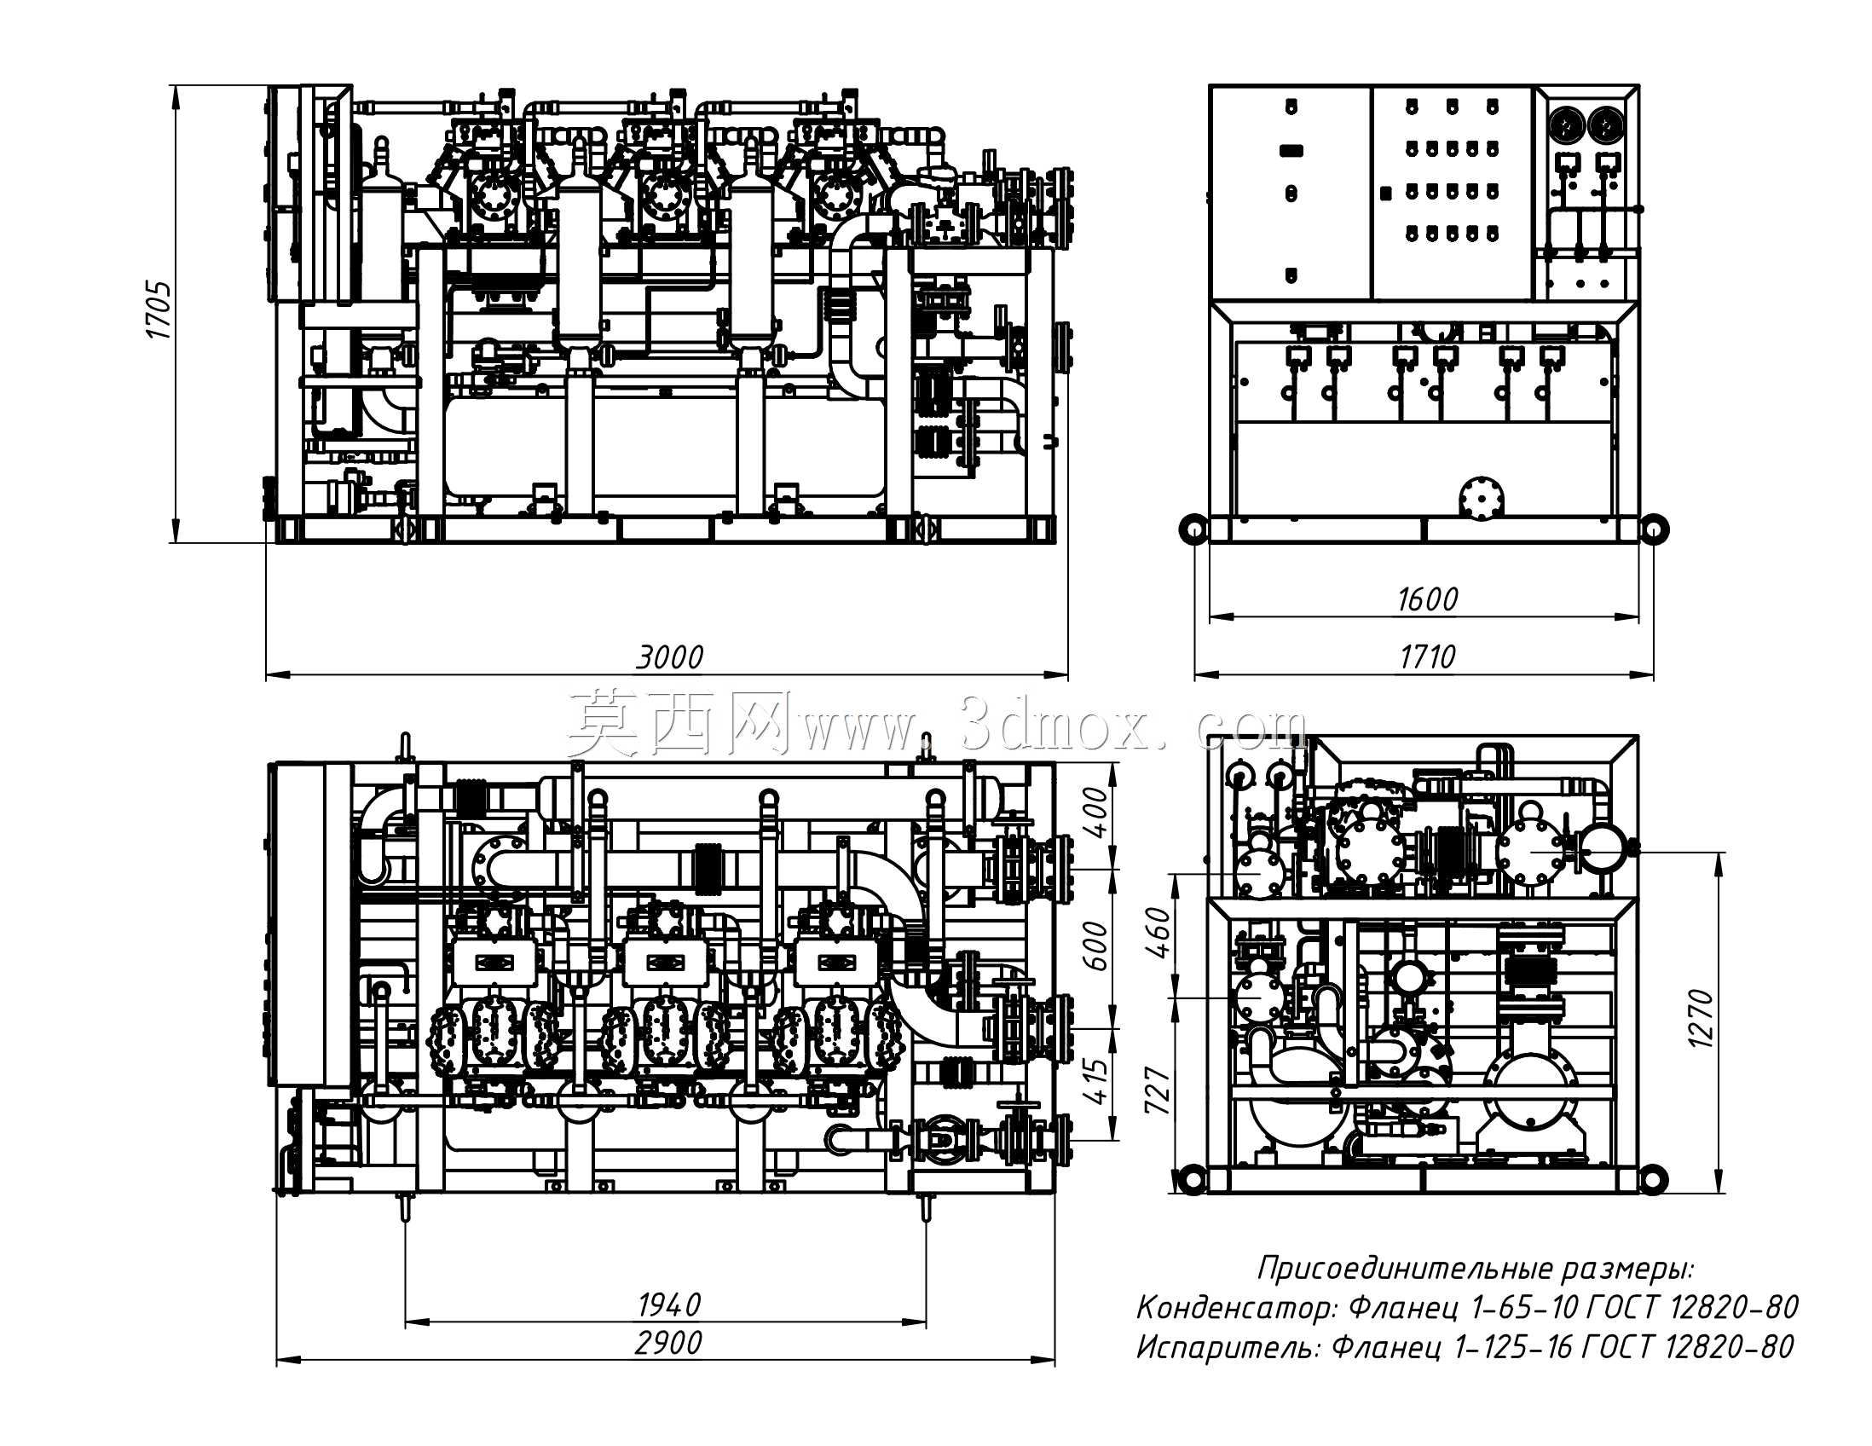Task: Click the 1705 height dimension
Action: [x=159, y=309]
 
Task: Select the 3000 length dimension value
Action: [x=669, y=657]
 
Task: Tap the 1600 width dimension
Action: [x=1427, y=599]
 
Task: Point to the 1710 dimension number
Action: [x=1427, y=657]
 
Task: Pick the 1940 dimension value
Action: [x=669, y=1305]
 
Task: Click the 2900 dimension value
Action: [x=668, y=1343]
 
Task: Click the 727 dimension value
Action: [x=1157, y=1090]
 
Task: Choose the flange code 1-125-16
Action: [x=1513, y=1347]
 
